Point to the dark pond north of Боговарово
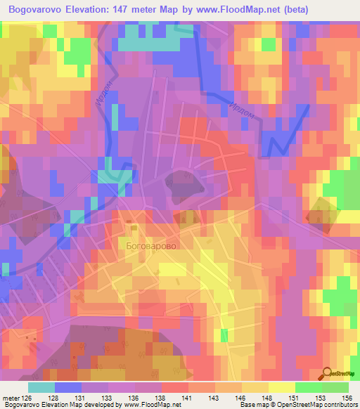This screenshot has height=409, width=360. (184, 185)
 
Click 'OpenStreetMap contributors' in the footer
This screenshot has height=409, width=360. (316, 405)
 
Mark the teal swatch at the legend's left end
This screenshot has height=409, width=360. (41, 387)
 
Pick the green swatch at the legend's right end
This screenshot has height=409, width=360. (335, 387)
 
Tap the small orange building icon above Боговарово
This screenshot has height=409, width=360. (131, 226)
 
